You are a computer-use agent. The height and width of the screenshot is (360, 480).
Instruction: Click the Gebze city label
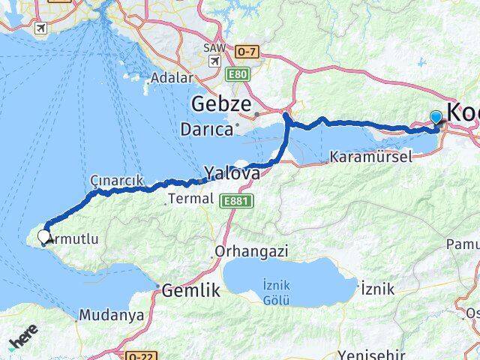[223, 104]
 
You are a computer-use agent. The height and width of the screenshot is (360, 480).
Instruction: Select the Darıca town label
[206, 129]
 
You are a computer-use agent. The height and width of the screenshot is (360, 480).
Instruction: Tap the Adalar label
[171, 76]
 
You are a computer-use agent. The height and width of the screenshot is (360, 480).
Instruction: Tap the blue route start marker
[436, 117]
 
